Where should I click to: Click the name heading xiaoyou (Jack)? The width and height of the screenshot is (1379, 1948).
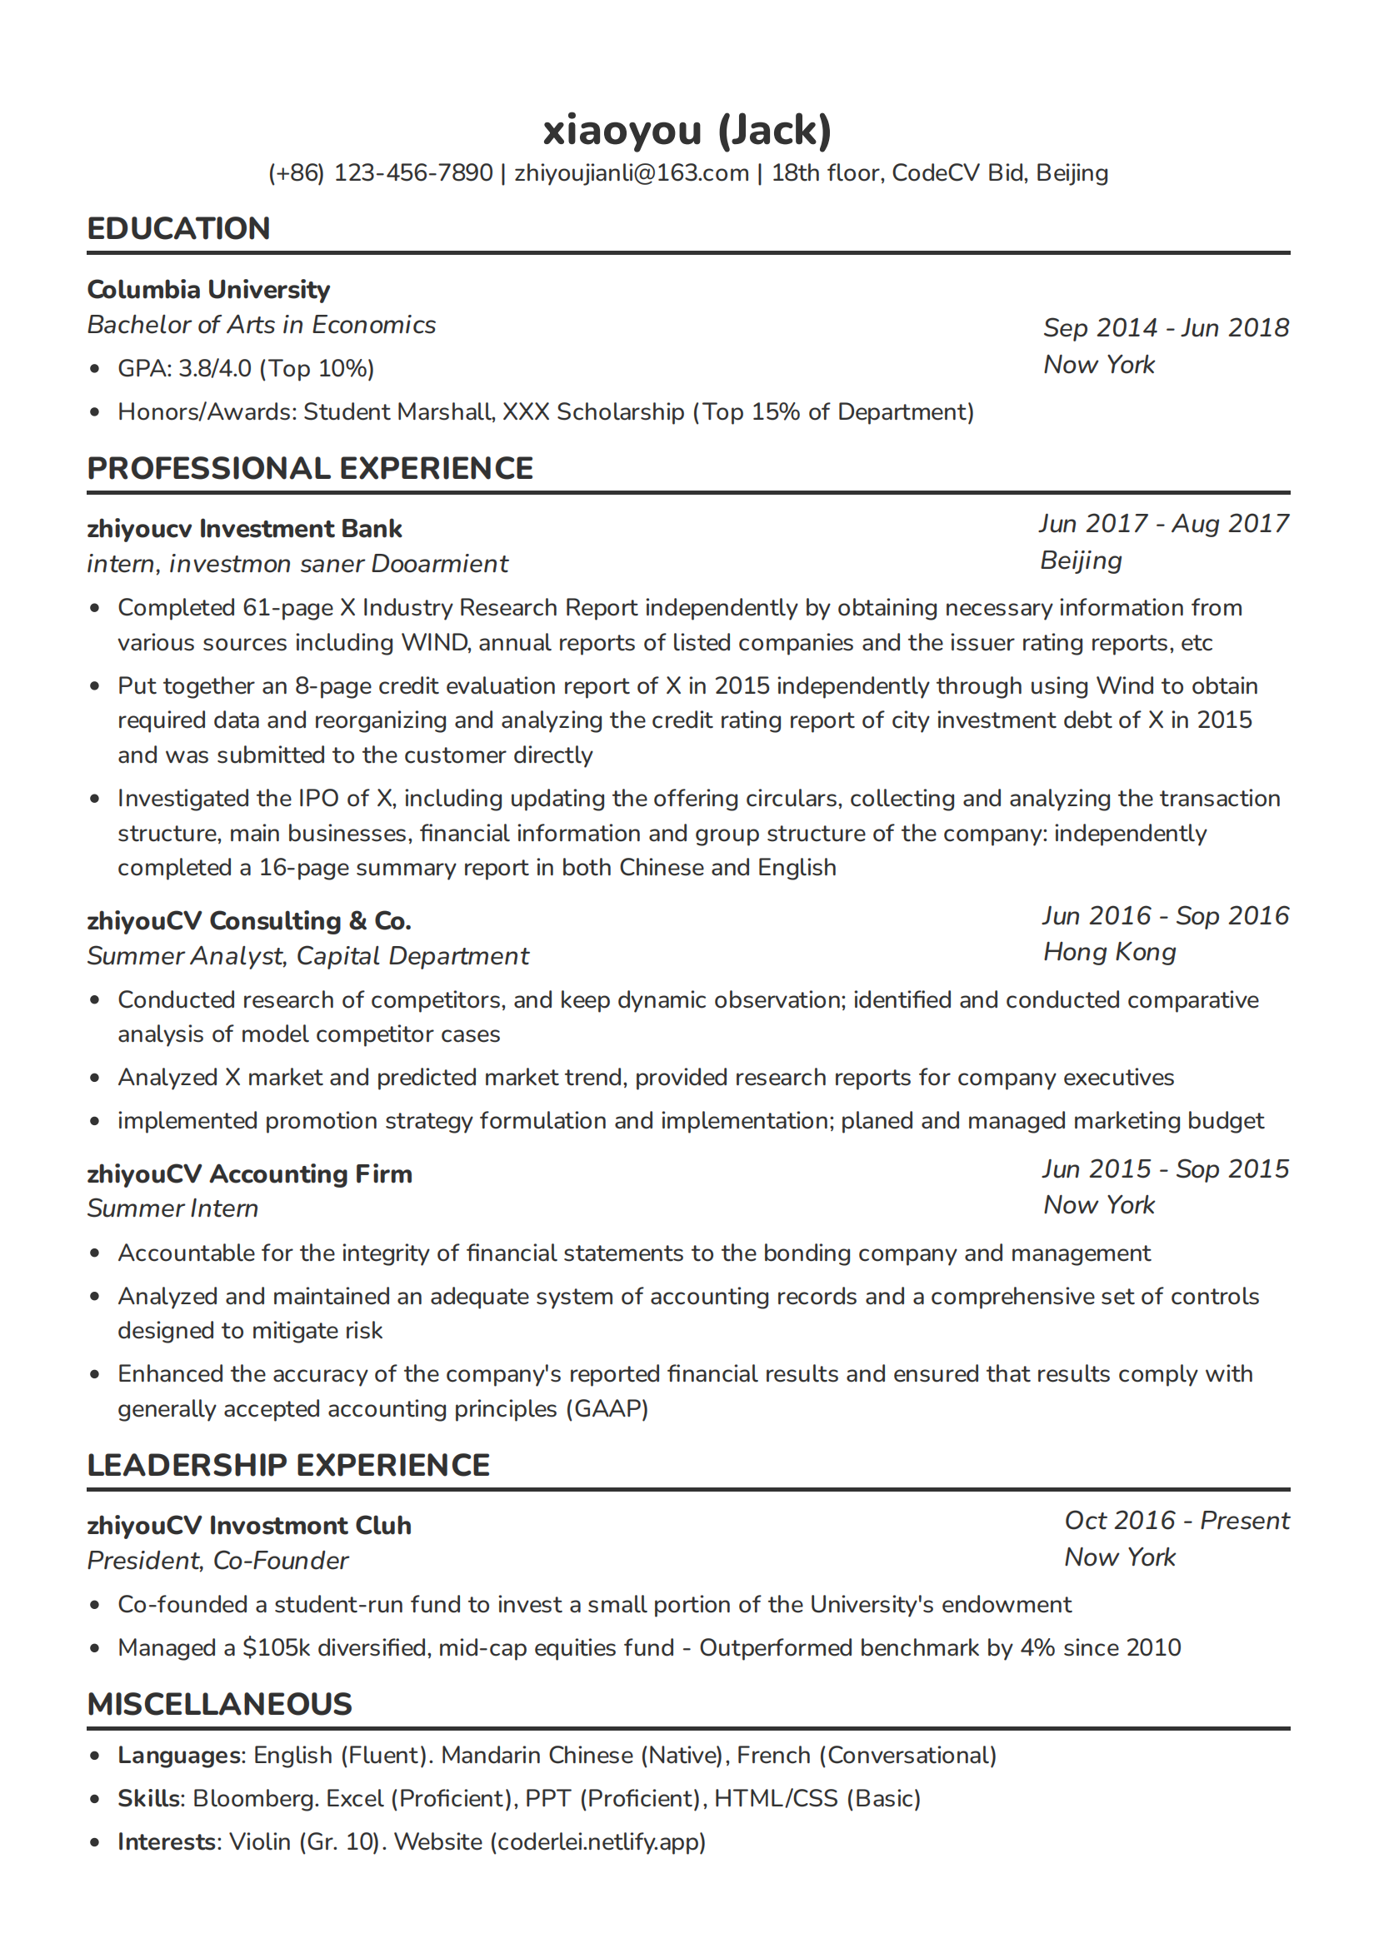tap(687, 130)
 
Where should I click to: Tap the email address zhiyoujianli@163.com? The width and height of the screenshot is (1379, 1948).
tap(632, 173)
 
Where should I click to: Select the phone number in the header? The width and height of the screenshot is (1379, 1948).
tap(381, 173)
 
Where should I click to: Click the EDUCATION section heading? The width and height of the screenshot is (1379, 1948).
tap(178, 228)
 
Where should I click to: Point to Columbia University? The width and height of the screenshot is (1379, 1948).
tap(208, 290)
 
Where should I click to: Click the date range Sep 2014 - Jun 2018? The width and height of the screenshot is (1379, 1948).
tap(1166, 327)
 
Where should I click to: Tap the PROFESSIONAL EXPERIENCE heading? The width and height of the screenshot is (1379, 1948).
tap(310, 469)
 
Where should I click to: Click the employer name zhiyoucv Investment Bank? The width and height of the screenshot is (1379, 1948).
tap(244, 529)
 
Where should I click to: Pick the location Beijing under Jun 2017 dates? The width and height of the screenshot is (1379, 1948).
tap(1081, 560)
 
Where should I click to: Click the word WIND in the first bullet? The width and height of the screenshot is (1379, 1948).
tap(435, 643)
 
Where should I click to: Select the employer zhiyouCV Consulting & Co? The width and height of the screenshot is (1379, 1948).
tap(249, 921)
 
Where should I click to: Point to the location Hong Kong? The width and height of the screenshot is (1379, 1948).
tap(1110, 953)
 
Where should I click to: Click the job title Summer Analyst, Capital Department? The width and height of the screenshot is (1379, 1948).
tap(307, 957)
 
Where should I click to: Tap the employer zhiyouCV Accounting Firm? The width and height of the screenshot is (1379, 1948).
tap(250, 1174)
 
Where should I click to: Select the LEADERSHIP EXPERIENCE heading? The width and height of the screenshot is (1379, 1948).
tap(288, 1466)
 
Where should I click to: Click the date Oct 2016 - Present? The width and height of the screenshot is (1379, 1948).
tap(1177, 1521)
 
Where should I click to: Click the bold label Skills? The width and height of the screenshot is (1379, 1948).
tap(148, 1799)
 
